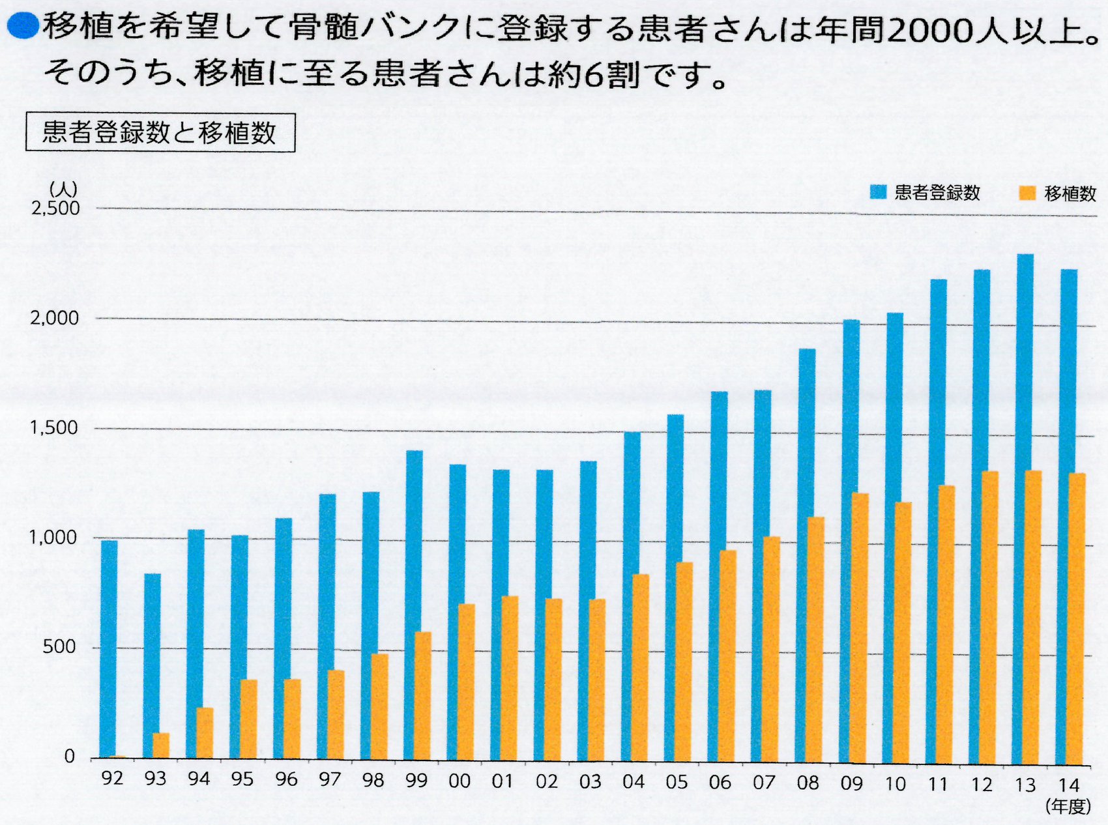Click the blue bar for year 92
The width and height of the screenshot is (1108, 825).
tap(109, 648)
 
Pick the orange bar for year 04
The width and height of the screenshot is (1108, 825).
tap(641, 667)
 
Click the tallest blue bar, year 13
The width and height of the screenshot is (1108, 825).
tap(1025, 508)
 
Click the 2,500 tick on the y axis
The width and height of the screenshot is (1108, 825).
tap(55, 208)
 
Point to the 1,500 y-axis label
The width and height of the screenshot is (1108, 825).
tap(54, 427)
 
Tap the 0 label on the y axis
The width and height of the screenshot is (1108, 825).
tap(69, 756)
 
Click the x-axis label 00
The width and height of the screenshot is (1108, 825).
tap(459, 781)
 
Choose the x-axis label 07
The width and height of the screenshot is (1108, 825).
tap(764, 782)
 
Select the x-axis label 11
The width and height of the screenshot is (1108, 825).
tap(938, 783)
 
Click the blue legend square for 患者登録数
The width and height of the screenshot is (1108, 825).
tap(879, 192)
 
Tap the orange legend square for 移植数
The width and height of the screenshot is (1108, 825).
tap(1027, 193)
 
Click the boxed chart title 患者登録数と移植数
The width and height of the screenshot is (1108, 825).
tap(160, 132)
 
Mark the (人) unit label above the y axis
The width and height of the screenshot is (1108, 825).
tap(63, 189)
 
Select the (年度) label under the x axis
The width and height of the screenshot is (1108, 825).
tap(1068, 806)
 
